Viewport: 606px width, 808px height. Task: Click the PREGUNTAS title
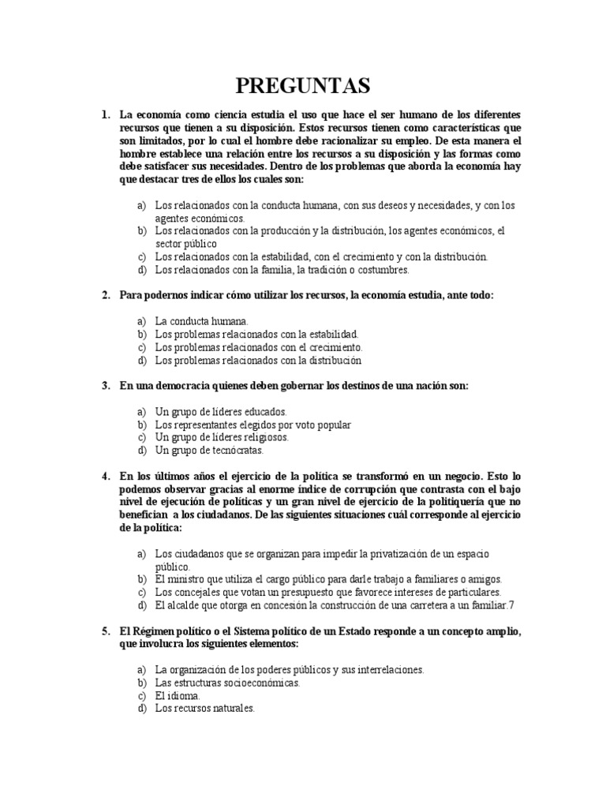click(x=303, y=84)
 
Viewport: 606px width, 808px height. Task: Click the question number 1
click(x=105, y=115)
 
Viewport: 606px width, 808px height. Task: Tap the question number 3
click(x=105, y=386)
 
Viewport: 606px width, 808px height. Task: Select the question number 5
click(x=105, y=633)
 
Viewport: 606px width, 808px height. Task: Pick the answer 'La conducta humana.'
click(x=201, y=321)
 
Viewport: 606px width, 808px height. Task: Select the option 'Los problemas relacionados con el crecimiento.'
click(x=259, y=347)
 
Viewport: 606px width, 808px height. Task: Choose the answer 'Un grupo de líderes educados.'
click(x=221, y=412)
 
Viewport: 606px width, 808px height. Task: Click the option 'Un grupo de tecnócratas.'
click(x=209, y=451)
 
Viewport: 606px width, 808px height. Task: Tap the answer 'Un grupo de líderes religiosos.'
click(x=222, y=437)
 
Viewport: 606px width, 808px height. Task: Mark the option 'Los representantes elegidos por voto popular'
click(x=252, y=425)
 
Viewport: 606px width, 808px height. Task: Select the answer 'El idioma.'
click(x=178, y=696)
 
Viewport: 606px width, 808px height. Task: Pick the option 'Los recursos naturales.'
click(x=205, y=709)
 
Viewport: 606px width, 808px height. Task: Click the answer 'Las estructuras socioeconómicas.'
click(x=227, y=683)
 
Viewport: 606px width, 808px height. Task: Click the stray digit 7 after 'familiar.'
click(x=511, y=605)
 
